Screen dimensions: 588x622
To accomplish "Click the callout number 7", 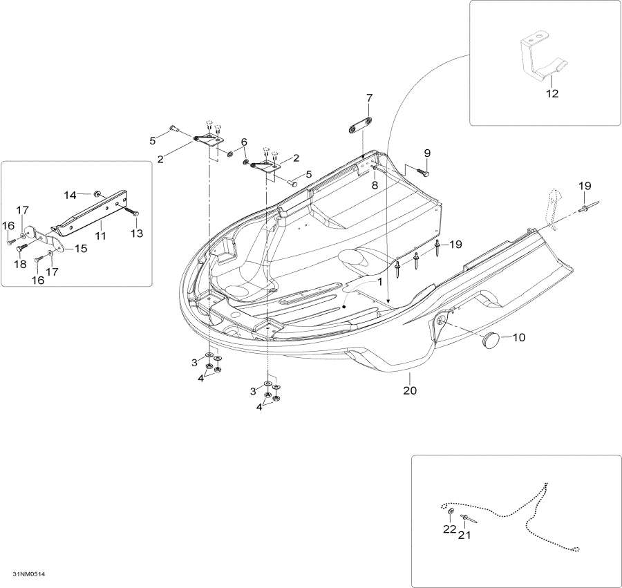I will [x=369, y=97].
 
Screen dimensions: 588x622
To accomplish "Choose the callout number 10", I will [x=518, y=338].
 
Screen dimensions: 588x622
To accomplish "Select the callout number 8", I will [x=374, y=185].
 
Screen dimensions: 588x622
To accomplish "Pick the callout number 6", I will [x=243, y=142].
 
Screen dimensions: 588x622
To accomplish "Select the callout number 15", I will [x=81, y=249].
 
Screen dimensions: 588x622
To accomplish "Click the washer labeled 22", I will [x=451, y=512].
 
